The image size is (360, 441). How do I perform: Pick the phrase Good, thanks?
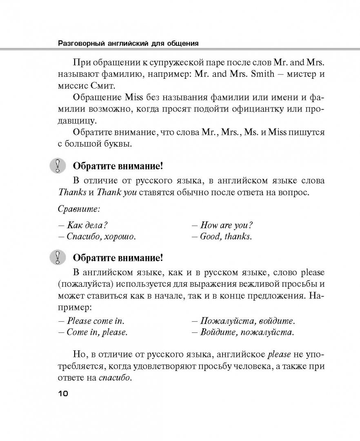[x=226, y=236]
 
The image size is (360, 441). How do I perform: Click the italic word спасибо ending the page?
[x=116, y=378]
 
